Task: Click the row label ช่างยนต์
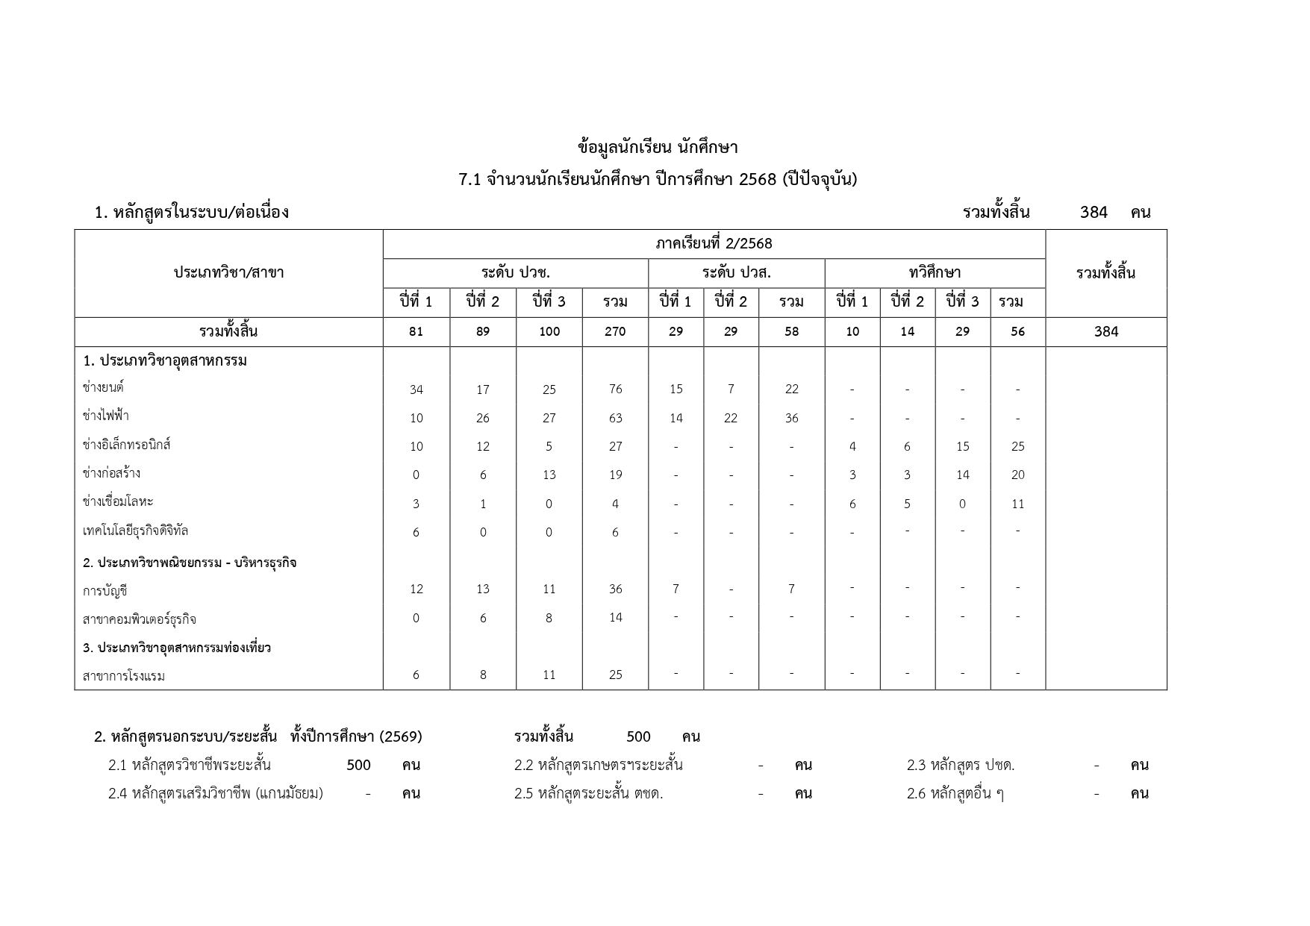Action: point(103,387)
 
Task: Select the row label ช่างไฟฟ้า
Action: point(105,416)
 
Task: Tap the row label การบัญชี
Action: point(105,591)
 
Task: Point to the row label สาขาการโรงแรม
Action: point(124,676)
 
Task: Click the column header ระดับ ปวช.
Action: point(515,272)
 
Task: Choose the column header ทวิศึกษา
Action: point(934,272)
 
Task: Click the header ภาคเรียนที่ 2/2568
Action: point(714,243)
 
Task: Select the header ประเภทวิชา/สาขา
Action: point(228,272)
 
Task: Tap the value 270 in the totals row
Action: point(615,331)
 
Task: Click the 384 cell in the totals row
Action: point(1105,331)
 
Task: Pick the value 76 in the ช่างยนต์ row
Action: point(615,389)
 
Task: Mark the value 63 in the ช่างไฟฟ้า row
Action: point(615,418)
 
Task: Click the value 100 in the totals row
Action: point(549,331)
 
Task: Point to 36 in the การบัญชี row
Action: point(615,589)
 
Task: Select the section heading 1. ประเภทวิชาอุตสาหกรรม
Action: point(165,360)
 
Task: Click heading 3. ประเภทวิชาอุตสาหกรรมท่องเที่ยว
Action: point(177,647)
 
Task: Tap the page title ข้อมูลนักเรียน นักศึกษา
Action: point(657,147)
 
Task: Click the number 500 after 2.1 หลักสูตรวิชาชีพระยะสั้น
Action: point(358,765)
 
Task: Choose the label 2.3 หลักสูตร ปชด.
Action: point(960,765)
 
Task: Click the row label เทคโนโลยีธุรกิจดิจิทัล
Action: point(135,531)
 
